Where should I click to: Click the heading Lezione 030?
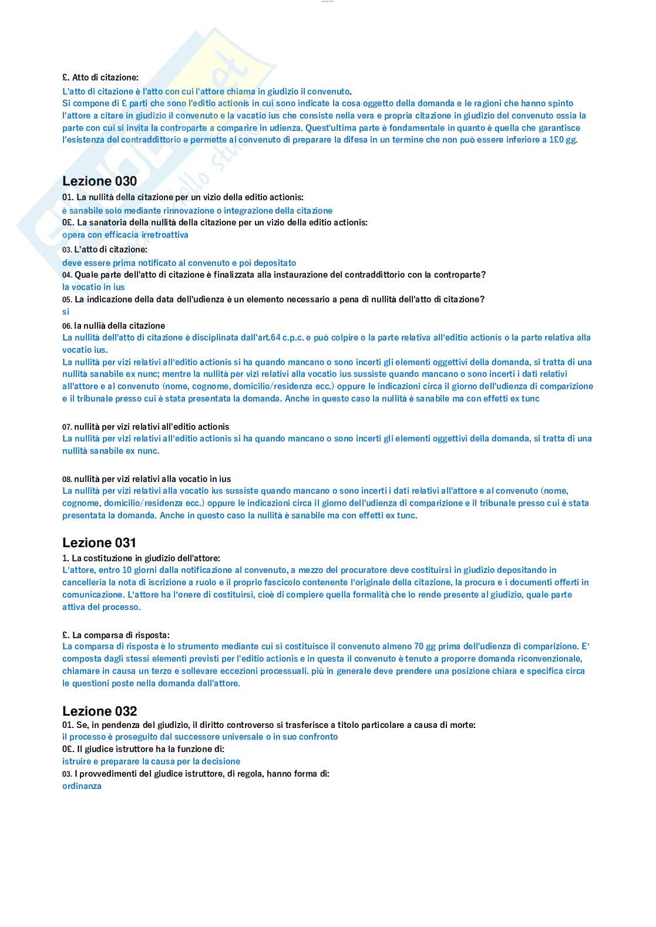(x=99, y=181)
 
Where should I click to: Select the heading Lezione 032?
(x=99, y=712)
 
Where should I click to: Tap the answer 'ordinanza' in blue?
(x=82, y=786)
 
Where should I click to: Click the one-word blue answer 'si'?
(x=66, y=312)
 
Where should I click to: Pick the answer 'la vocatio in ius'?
(x=93, y=287)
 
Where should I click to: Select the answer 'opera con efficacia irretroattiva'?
(x=125, y=235)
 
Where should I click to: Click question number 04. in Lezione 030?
(x=67, y=275)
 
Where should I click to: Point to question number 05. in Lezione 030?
(x=67, y=300)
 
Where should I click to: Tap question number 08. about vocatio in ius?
(x=67, y=480)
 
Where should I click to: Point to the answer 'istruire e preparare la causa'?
(x=151, y=761)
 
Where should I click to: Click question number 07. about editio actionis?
(x=67, y=427)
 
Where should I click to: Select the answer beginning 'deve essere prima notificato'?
(x=179, y=263)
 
